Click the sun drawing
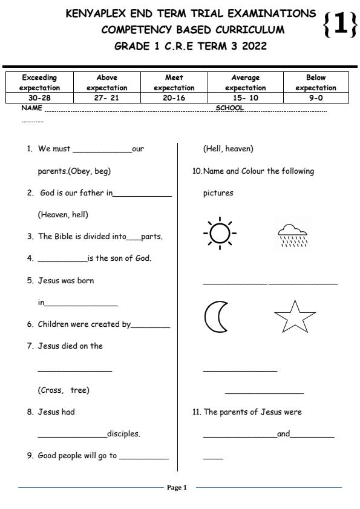220,233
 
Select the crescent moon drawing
215,316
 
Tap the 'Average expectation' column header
245,82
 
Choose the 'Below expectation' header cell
316,82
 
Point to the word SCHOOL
230,108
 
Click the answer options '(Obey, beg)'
74,171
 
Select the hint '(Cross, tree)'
64,390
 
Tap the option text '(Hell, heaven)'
228,149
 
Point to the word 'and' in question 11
283,434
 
